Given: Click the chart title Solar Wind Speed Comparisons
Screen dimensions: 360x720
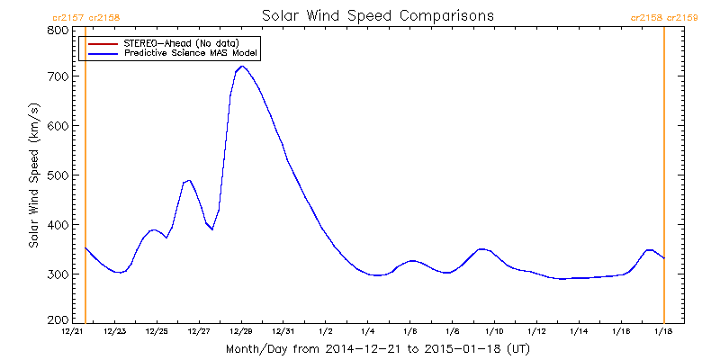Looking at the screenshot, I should tap(377, 15).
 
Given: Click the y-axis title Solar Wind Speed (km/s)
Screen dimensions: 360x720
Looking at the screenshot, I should tap(33, 175).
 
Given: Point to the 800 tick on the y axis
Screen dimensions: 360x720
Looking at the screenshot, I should tap(59, 30).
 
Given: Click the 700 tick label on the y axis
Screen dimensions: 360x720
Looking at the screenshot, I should tap(59, 78).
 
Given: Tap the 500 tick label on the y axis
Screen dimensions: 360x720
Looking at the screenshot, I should tap(59, 176).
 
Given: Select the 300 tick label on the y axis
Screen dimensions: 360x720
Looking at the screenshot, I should tap(59, 274).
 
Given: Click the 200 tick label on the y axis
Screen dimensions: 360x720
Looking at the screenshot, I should tap(59, 319).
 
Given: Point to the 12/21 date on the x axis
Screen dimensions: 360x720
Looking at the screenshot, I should tap(73, 332).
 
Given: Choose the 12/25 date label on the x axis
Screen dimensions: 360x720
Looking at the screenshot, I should tap(157, 332).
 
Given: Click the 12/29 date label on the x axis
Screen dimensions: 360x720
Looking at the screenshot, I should tap(241, 332).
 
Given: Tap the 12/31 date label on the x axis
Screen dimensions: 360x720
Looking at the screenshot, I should tap(283, 332).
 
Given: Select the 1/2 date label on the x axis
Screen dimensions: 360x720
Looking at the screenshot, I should tap(326, 332).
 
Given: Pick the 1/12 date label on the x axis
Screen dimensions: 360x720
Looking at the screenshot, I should tap(536, 332).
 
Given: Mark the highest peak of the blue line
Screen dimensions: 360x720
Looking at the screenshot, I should tap(242, 66).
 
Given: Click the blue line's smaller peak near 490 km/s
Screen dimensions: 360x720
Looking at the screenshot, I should tap(189, 180).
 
